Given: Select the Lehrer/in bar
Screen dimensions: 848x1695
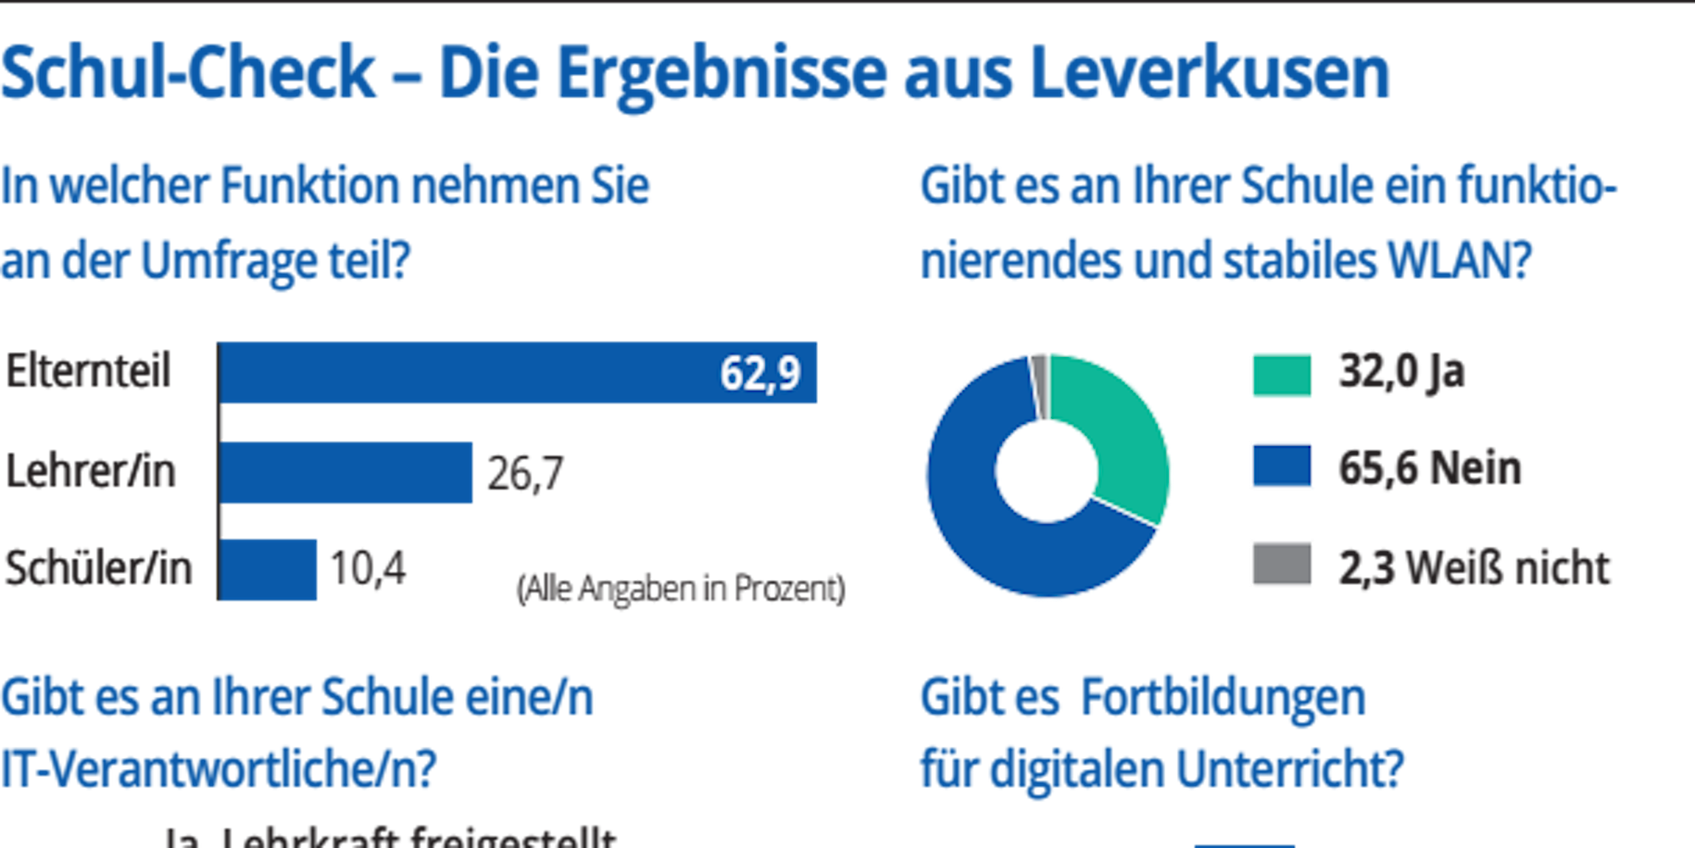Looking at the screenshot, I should pos(346,472).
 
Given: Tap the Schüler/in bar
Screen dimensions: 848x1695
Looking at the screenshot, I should pos(269,569).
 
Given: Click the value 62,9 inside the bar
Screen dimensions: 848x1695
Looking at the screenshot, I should pos(759,373).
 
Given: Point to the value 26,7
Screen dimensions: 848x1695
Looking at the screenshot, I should pos(525,473).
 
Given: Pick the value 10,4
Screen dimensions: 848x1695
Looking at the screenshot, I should pos(368,569).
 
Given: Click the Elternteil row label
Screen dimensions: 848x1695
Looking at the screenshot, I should pos(89,371).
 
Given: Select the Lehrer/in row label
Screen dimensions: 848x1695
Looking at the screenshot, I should pos(92,471).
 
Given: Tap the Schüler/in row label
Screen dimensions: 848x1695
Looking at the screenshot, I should pos(98,568).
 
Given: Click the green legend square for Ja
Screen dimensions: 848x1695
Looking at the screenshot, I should pos(1281,375).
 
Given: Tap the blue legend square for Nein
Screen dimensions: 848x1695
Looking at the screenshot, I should pos(1281,465).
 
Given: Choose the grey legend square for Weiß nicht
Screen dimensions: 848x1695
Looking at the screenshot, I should pos(1281,564).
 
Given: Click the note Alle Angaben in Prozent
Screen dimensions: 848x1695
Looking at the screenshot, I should pos(681,589).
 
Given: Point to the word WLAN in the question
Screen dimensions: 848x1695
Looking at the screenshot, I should pos(1458,261).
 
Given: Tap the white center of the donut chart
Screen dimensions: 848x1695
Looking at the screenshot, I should pos(1047,471).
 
